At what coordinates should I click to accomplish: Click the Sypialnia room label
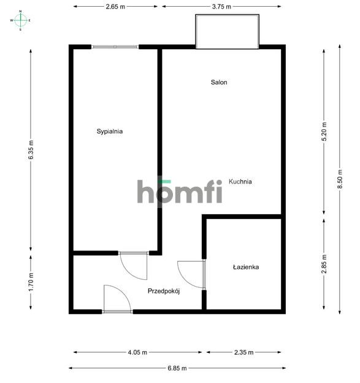[x=110, y=131]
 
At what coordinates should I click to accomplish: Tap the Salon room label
[x=219, y=82]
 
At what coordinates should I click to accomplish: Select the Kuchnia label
[x=240, y=182]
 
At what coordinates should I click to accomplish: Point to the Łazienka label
[x=246, y=267]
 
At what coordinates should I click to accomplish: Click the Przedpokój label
[x=164, y=291]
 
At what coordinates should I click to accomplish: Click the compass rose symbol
[x=20, y=20]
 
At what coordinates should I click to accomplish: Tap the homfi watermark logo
[x=180, y=191]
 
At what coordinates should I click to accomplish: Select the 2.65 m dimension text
[x=115, y=7]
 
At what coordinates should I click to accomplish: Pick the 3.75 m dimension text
[x=221, y=7]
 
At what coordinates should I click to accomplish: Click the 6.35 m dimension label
[x=31, y=150]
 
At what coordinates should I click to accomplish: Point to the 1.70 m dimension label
[x=31, y=282]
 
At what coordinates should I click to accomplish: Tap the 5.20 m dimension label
[x=324, y=131]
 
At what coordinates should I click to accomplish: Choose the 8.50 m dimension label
[x=340, y=179]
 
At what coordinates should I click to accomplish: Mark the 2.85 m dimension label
[x=324, y=264]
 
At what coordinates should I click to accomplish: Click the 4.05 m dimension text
[x=137, y=352]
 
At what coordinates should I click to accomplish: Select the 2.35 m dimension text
[x=244, y=352]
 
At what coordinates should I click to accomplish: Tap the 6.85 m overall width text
[x=177, y=368]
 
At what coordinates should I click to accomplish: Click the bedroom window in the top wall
[x=115, y=47]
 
